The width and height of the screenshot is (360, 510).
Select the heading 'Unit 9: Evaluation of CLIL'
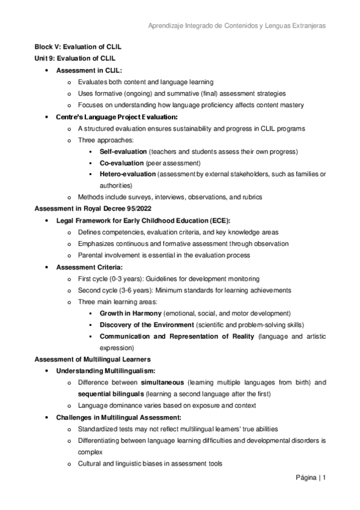pos(74,58)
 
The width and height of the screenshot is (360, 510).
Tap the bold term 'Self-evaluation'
pos(123,152)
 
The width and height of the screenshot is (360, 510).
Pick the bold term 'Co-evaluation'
pos(121,163)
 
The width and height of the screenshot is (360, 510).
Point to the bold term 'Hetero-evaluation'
pos(127,174)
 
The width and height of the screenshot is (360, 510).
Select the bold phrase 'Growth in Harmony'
pos(130,313)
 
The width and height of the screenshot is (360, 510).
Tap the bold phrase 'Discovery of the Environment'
pos(146,325)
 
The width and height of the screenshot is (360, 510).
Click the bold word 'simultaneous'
pos(162,382)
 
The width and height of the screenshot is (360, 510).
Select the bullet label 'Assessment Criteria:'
pos(89,267)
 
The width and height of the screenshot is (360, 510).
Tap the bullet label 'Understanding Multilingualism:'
pos(106,371)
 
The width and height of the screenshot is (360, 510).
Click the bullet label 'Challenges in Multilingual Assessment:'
pos(118,417)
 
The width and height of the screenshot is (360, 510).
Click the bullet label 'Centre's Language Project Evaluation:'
pos(117,117)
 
